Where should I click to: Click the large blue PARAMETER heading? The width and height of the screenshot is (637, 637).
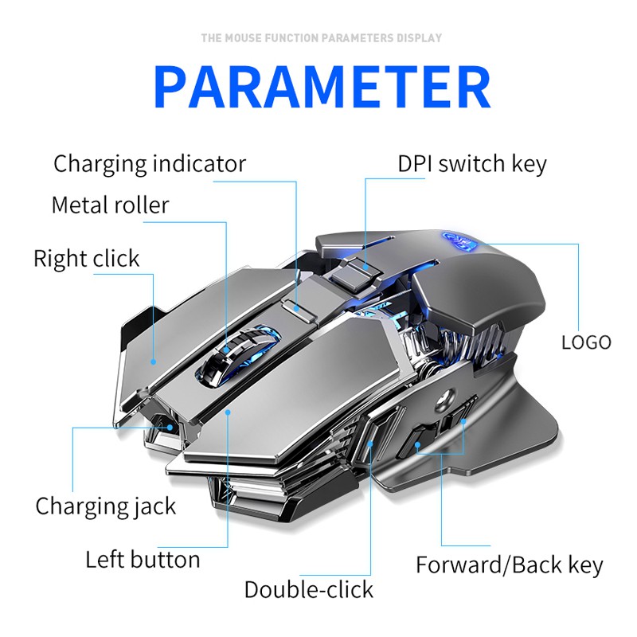(x=322, y=88)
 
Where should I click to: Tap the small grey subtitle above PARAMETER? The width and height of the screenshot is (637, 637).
(x=321, y=37)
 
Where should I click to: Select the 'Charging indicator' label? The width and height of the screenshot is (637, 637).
(x=150, y=164)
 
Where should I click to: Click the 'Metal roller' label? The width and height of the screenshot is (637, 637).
(x=110, y=205)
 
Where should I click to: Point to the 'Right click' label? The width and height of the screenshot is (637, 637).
(x=86, y=258)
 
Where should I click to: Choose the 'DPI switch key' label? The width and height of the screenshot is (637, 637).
(x=472, y=164)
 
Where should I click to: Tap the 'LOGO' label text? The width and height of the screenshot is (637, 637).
(x=586, y=342)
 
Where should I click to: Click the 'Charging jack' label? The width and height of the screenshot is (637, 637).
(x=106, y=506)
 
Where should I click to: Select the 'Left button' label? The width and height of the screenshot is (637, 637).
(x=143, y=559)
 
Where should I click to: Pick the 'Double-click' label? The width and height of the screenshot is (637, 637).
(x=308, y=589)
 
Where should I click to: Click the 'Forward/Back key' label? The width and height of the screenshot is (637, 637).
(x=510, y=565)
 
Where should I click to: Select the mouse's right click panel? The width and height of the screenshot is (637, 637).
(x=183, y=326)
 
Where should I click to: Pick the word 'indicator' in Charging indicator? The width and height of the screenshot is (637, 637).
(x=199, y=164)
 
